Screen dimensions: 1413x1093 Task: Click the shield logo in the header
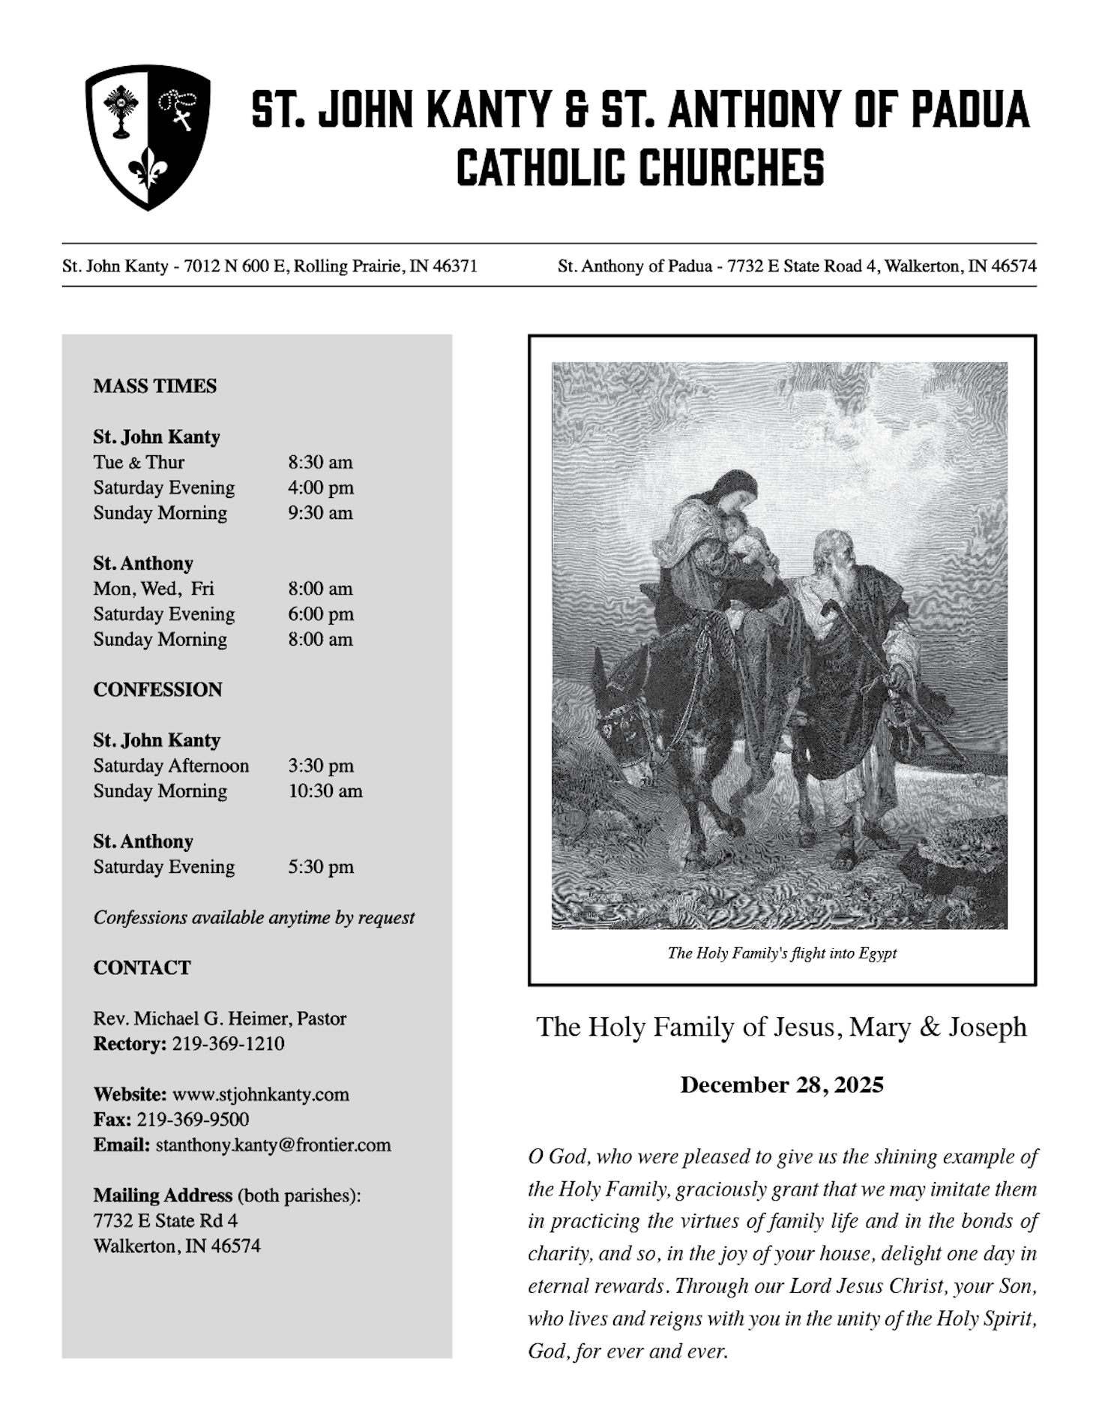tap(148, 136)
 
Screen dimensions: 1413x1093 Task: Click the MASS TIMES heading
tap(154, 386)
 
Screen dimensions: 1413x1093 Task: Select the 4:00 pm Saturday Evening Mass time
tap(320, 487)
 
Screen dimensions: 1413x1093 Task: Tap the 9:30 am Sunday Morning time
tap(320, 513)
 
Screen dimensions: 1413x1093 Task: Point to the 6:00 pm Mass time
tap(320, 614)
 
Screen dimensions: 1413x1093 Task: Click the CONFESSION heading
tap(157, 690)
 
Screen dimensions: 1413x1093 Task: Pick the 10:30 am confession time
tap(325, 791)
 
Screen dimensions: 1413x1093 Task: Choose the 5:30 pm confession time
tap(320, 867)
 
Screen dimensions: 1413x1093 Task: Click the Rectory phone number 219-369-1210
tap(228, 1044)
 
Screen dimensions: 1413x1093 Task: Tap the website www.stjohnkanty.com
tap(260, 1094)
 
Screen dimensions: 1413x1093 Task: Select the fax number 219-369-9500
tap(193, 1120)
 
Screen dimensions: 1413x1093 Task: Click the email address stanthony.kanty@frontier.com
tap(273, 1145)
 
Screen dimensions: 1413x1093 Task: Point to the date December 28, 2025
tap(781, 1085)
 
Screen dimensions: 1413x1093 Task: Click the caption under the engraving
tap(781, 953)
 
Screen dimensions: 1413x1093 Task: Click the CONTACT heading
tap(142, 967)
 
